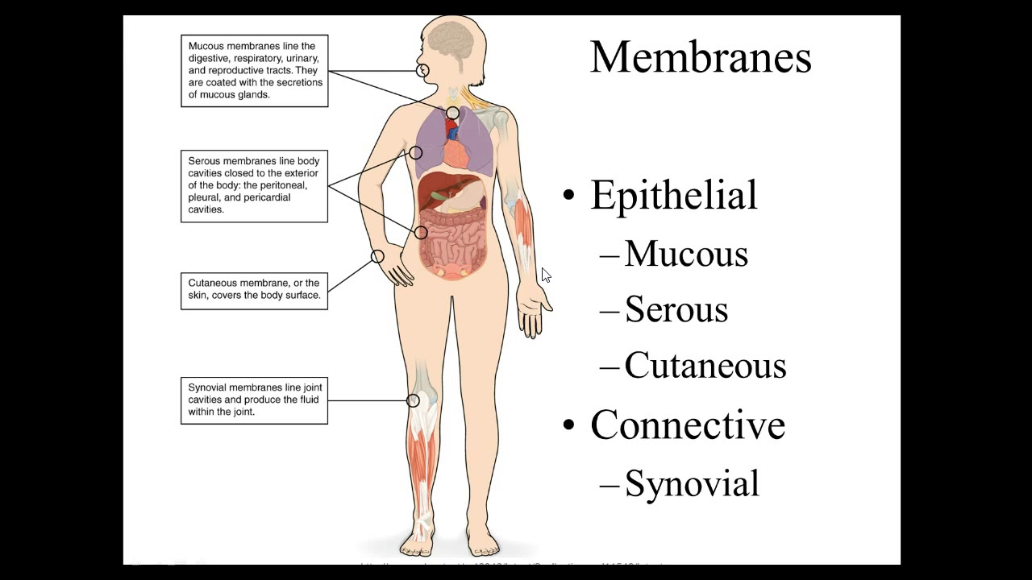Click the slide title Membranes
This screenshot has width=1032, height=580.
click(700, 58)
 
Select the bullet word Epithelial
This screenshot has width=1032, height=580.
click(673, 195)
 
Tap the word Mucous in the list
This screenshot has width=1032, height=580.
click(685, 254)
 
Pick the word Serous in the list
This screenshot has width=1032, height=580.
click(676, 309)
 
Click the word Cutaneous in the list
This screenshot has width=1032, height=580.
click(705, 365)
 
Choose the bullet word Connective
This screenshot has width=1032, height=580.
click(687, 425)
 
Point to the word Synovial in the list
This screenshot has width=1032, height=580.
click(691, 483)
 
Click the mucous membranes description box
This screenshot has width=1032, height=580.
click(254, 71)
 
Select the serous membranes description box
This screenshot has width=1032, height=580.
click(254, 185)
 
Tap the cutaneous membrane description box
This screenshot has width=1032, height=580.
click(254, 290)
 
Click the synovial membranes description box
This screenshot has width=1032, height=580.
click(254, 400)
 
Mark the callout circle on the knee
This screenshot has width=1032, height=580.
click(413, 400)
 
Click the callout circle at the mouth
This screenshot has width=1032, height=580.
click(422, 71)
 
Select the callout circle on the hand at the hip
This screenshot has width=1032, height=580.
click(377, 256)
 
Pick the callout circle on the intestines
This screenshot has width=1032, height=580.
click(421, 233)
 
